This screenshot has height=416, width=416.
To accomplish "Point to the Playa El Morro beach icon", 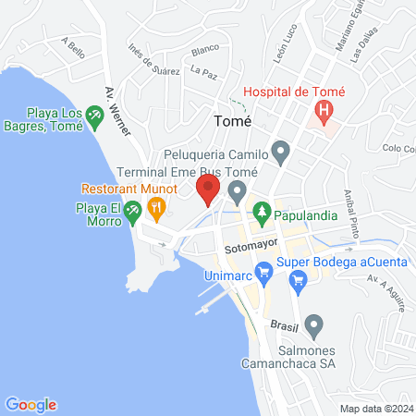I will click(133, 212).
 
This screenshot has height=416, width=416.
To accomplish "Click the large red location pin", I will click(208, 190).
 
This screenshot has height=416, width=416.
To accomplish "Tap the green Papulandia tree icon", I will click(263, 211).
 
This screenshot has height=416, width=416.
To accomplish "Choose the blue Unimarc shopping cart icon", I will click(263, 272).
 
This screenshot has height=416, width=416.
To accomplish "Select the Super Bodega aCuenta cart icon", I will click(297, 288).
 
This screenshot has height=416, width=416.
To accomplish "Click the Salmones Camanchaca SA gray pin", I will click(314, 324).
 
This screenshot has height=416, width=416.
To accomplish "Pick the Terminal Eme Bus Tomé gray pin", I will click(238, 192).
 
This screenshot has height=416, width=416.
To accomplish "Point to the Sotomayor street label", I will click(245, 249).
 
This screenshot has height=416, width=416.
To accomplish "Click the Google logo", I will click(31, 404).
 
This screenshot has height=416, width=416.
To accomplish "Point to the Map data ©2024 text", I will click(375, 408).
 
